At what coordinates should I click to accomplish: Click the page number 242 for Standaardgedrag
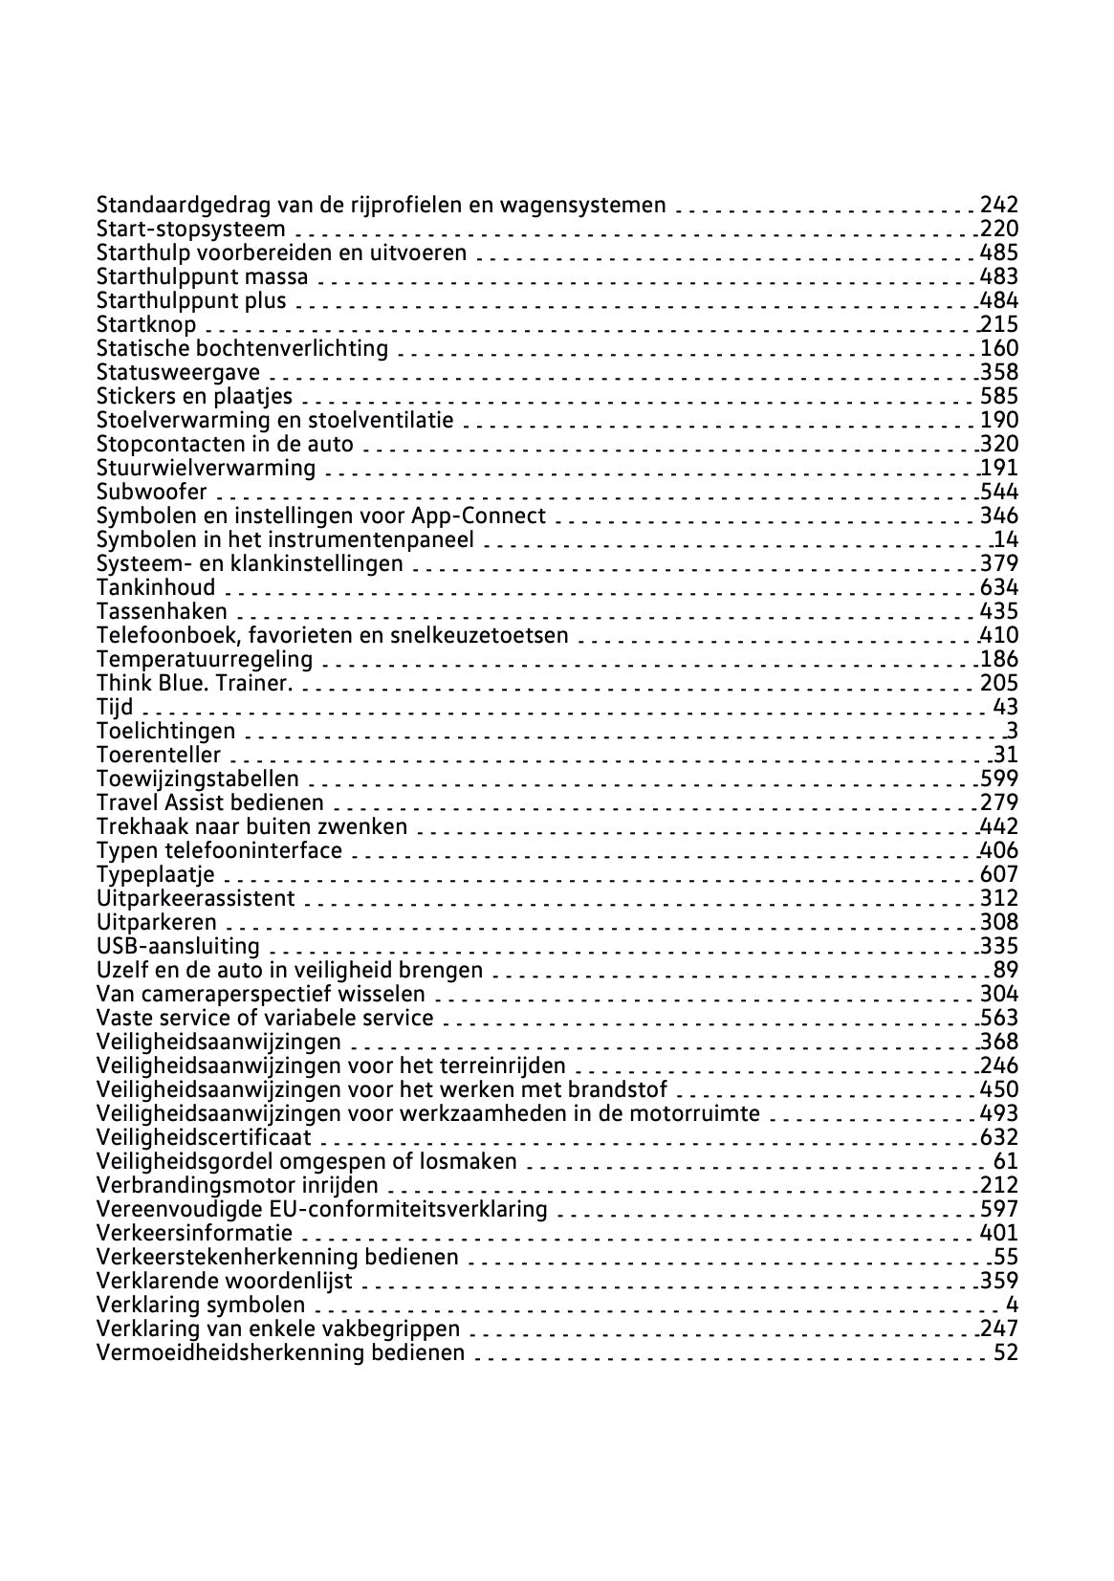click(998, 205)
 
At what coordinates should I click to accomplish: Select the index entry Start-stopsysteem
click(190, 229)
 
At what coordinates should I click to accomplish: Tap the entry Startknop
click(146, 324)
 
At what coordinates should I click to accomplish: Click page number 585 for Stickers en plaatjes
click(998, 396)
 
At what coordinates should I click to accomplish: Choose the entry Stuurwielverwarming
click(206, 468)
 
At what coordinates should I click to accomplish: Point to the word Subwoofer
click(152, 492)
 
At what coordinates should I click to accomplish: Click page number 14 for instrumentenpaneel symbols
click(1006, 539)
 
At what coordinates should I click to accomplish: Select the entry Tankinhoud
click(156, 587)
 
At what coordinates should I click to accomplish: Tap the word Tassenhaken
click(162, 611)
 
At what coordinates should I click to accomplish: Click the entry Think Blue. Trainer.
click(194, 683)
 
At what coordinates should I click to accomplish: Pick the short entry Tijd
click(115, 707)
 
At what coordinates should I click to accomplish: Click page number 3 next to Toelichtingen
click(1012, 731)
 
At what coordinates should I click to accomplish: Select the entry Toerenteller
click(158, 755)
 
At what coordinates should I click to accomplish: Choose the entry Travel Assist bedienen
click(209, 802)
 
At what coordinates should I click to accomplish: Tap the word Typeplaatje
click(156, 874)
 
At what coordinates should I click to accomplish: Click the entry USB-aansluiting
click(178, 946)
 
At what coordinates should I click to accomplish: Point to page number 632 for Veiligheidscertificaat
click(998, 1137)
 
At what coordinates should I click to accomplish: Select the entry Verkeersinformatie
click(194, 1233)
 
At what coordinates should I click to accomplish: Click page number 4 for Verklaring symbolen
click(1012, 1305)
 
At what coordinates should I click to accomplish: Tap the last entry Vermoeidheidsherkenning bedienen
click(280, 1352)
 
